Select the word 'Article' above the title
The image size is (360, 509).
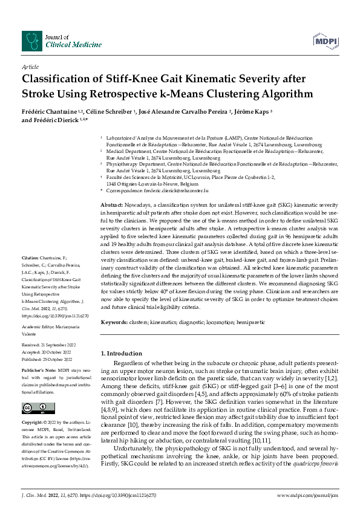(x=30, y=67)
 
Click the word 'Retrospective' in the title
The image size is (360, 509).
(x=162, y=94)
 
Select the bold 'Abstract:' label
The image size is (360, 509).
(x=113, y=206)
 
